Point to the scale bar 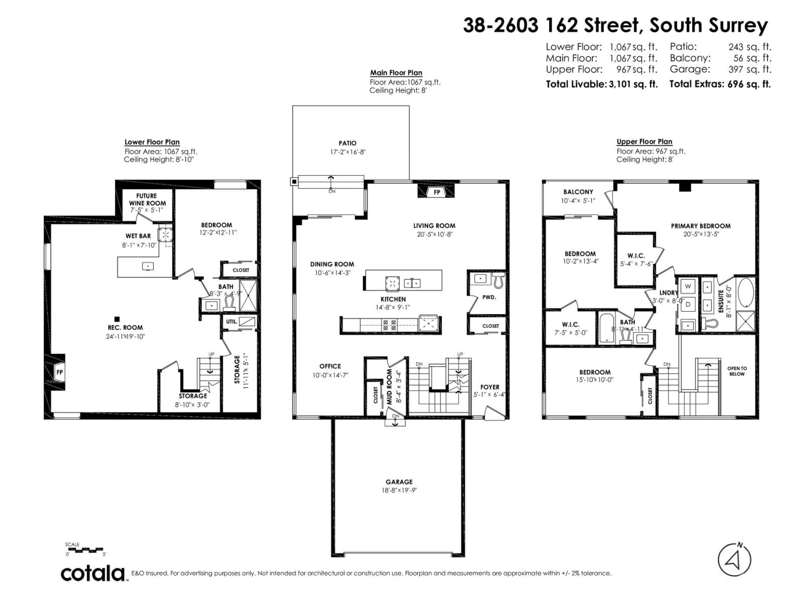pyautogui.click(x=86, y=549)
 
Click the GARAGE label pyautogui.click(x=399, y=482)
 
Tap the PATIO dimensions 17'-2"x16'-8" pyautogui.click(x=347, y=152)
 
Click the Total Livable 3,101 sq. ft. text pyautogui.click(x=602, y=84)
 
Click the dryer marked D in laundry pyautogui.click(x=688, y=304)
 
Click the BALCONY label pyautogui.click(x=578, y=192)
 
